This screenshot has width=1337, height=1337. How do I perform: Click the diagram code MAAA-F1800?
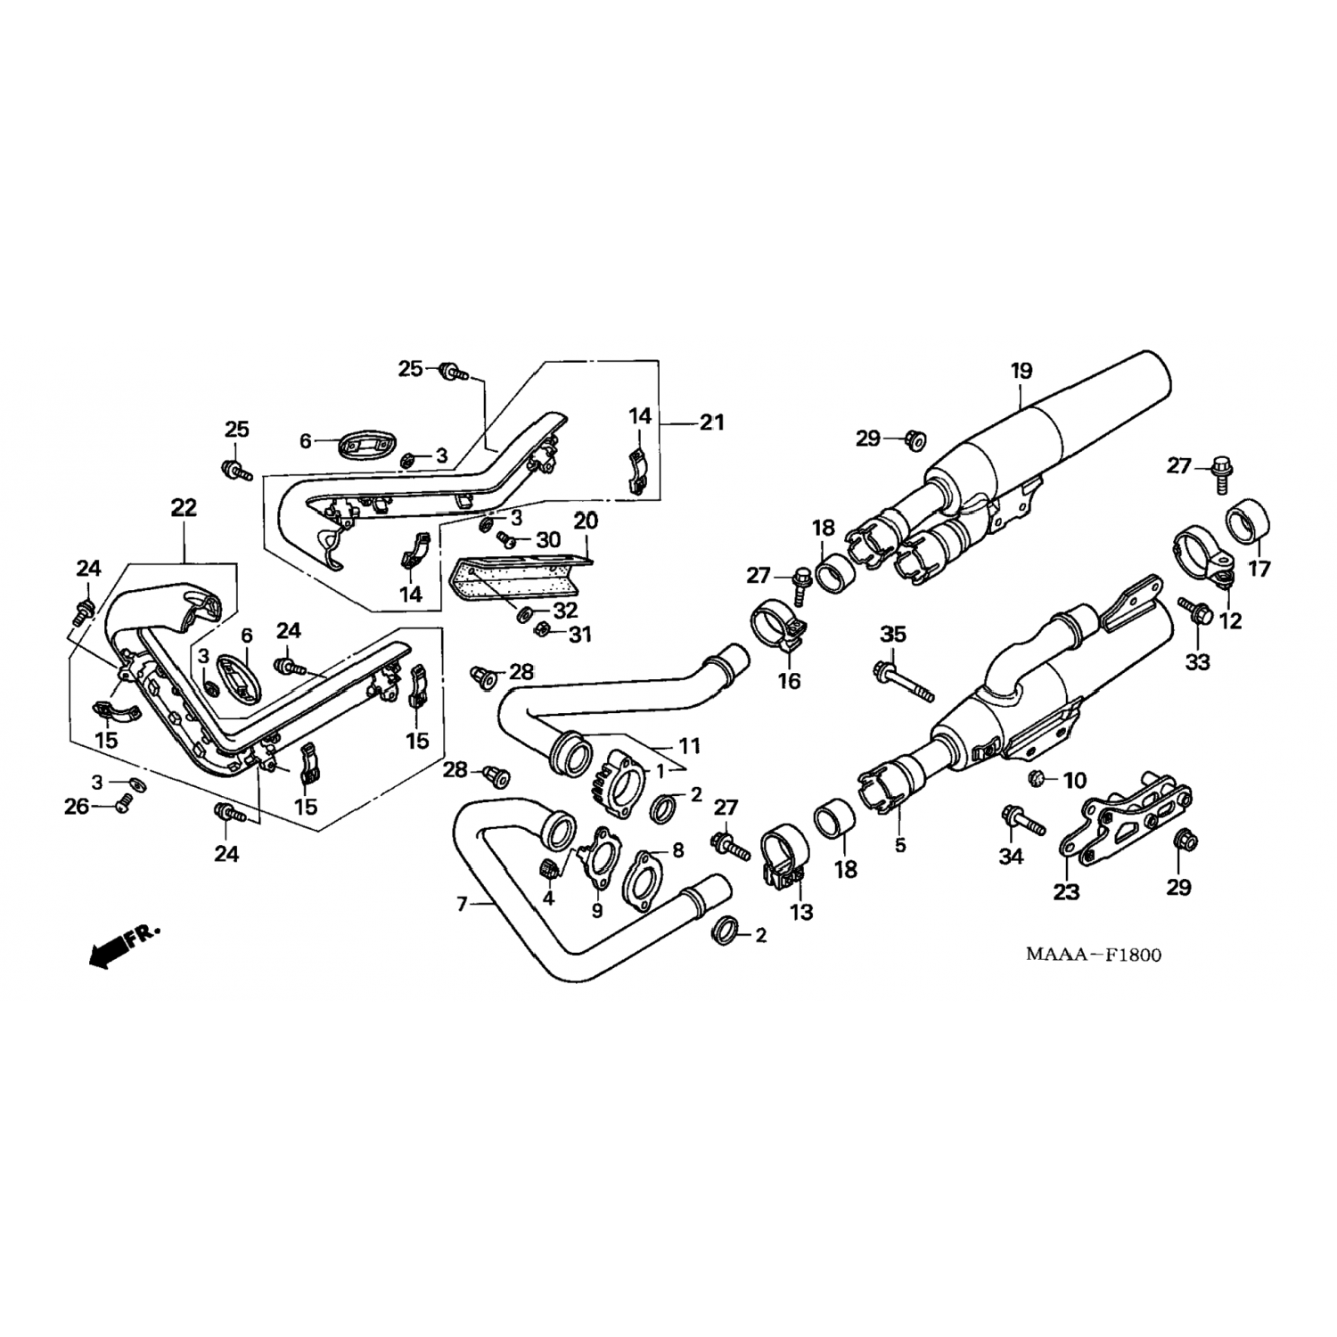1093,955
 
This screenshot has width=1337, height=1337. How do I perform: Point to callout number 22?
184,507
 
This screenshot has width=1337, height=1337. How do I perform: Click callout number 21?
711,422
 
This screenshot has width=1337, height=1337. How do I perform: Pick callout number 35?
892,634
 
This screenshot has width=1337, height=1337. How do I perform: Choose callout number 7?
462,905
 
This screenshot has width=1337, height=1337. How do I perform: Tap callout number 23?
1067,890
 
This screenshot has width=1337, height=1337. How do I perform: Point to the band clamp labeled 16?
781,624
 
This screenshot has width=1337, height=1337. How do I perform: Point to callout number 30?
548,539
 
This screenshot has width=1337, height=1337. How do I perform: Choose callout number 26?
77,807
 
